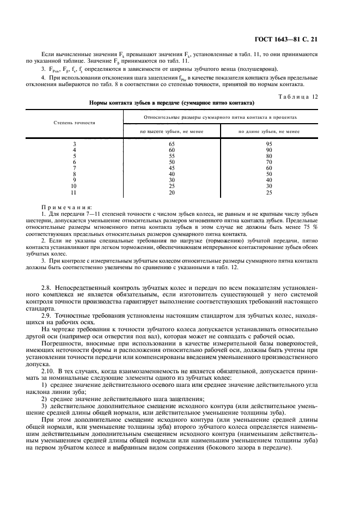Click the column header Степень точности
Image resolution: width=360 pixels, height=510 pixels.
(75, 123)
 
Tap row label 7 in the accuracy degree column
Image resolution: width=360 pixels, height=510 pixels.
(75, 168)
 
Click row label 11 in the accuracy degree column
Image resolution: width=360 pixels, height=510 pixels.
(75, 192)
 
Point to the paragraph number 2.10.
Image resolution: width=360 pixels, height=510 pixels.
(49, 370)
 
